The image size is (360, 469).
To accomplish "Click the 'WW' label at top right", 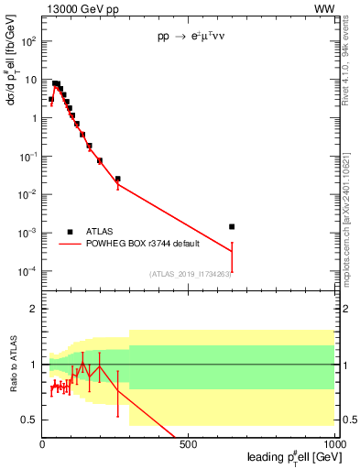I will [324, 8].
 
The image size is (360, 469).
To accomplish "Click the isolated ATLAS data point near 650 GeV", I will [232, 226].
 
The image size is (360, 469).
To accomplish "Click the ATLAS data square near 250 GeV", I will [117, 179].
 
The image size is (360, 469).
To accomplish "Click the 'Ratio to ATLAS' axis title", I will [13, 365].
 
